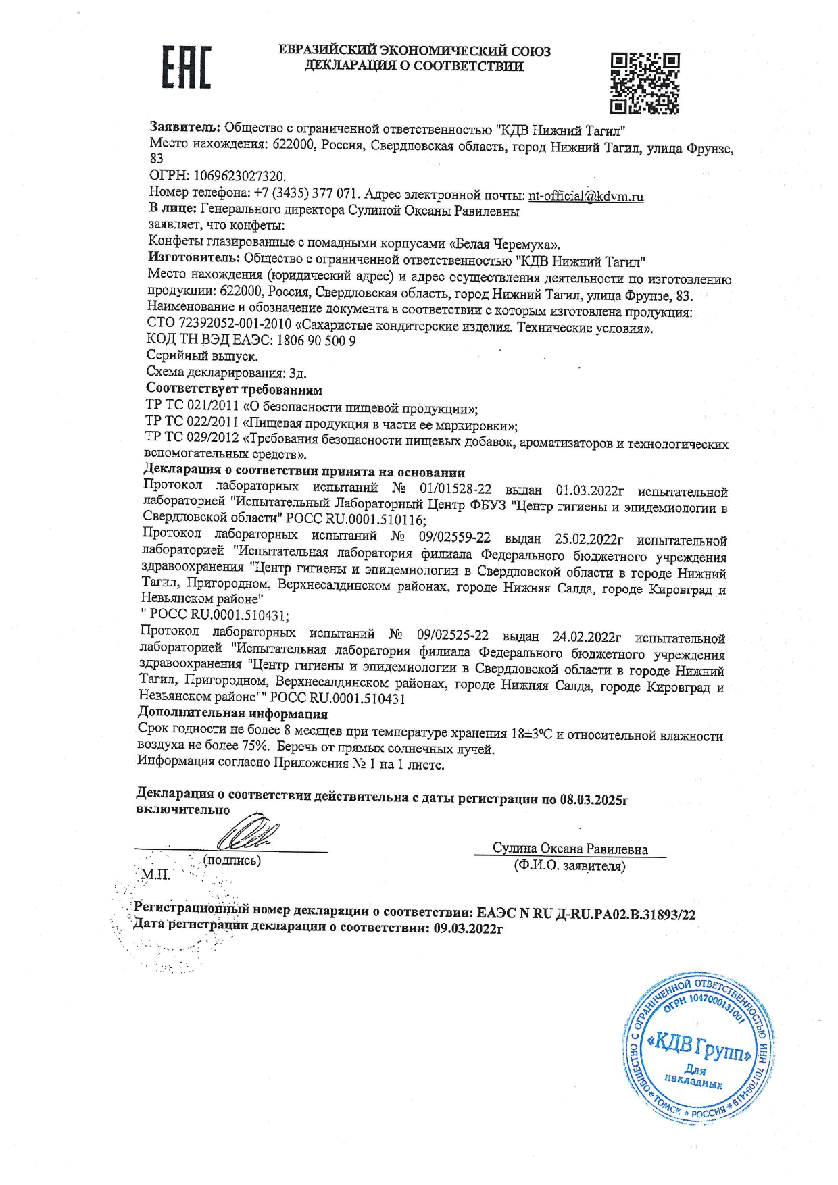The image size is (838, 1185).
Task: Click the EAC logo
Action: [186, 68]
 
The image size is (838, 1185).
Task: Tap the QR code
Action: [645, 82]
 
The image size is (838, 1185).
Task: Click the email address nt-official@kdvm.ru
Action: [585, 196]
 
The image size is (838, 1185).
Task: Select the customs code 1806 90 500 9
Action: [316, 341]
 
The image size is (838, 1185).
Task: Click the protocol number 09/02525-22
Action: [452, 636]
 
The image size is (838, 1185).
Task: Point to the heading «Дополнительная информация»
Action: [232, 713]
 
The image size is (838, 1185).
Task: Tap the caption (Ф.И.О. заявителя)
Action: [570, 865]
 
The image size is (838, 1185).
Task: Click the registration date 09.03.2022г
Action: [469, 929]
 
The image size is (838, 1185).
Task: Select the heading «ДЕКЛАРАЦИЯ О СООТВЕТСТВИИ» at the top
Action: [414, 66]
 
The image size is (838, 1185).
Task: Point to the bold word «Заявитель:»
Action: [184, 127]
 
